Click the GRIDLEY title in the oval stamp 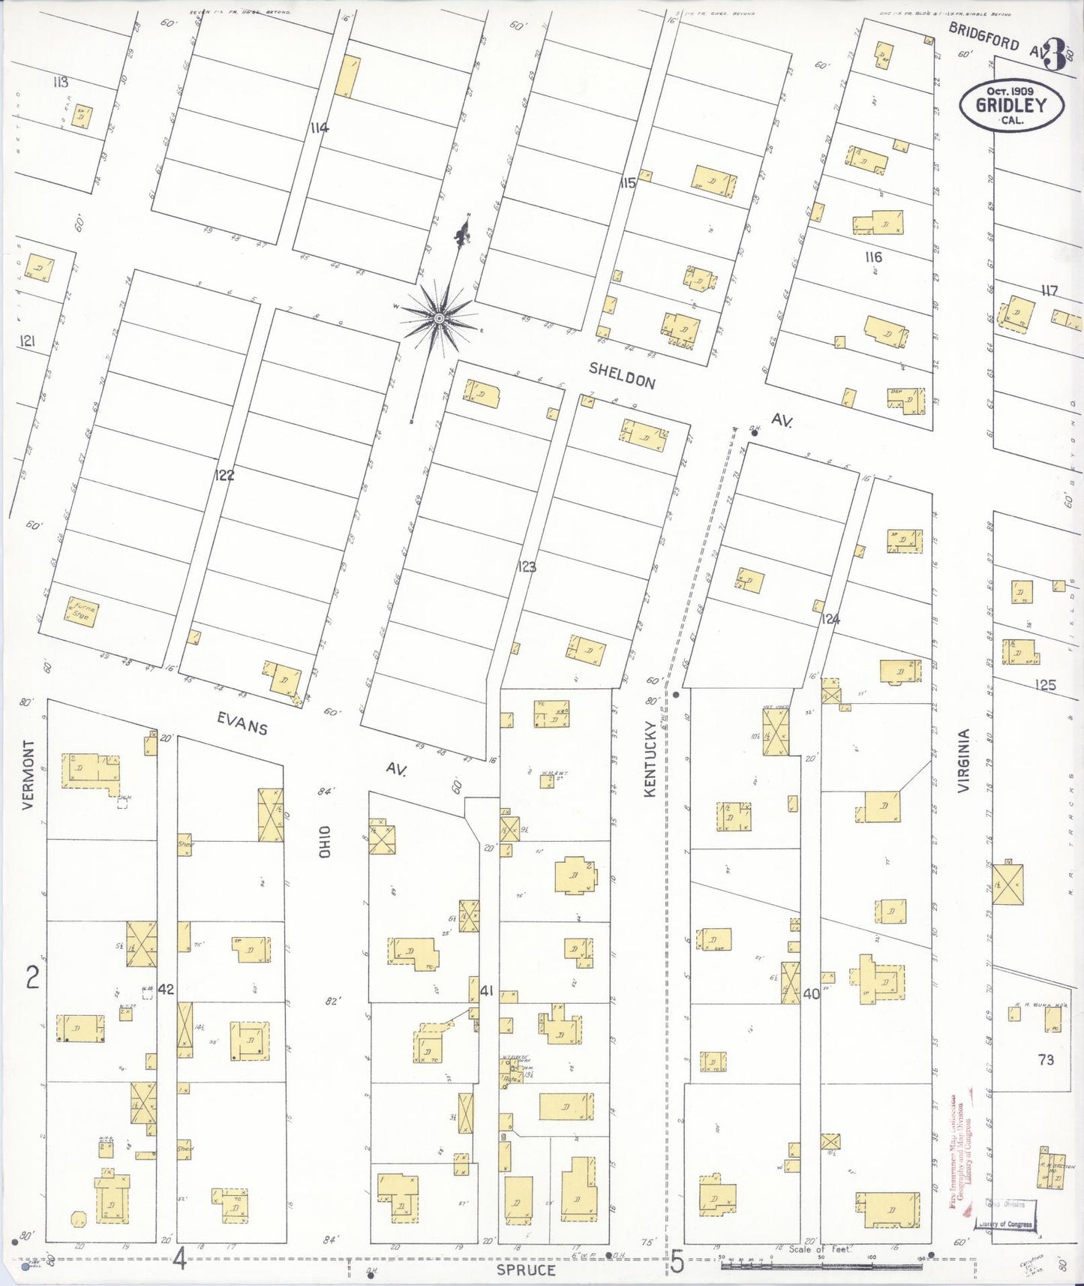click(1010, 105)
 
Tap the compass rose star click(439, 319)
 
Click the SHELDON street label click(622, 374)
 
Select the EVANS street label click(242, 723)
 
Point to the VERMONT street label click(29, 774)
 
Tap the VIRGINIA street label click(964, 760)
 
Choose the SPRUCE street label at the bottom click(526, 1270)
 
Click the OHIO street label click(324, 842)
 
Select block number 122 click(224, 475)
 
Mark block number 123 click(527, 566)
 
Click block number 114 click(319, 128)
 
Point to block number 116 click(872, 257)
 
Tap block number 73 click(1046, 1059)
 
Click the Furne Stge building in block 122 click(82, 612)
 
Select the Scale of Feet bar click(821, 1266)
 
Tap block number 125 click(1045, 684)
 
